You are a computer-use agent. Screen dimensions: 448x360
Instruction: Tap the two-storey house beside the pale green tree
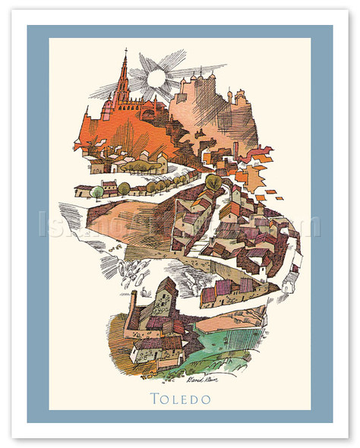(x=110, y=188)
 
